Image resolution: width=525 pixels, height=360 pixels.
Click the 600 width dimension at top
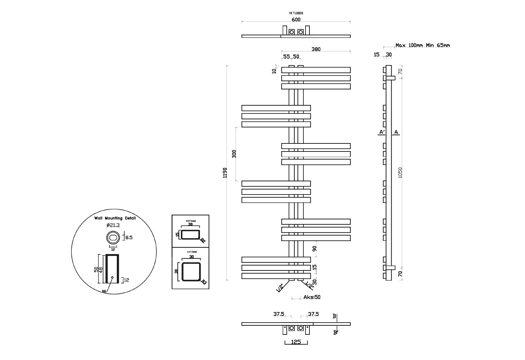(x=296, y=20)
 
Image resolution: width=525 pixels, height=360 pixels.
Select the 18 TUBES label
(x=296, y=13)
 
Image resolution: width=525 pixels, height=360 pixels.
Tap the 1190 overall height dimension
(x=225, y=173)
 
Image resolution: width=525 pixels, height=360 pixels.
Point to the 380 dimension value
(x=316, y=49)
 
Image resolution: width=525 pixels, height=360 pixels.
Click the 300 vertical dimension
(x=234, y=154)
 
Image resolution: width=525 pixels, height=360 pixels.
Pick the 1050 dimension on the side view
(x=400, y=172)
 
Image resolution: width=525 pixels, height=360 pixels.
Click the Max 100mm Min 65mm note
(x=422, y=45)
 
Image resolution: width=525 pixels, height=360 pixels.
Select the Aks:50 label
(x=312, y=297)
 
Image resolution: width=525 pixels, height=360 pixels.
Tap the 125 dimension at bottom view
(x=296, y=342)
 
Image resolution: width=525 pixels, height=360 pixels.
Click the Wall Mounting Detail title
(x=115, y=218)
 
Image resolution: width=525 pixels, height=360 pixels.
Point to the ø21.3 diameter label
(x=113, y=225)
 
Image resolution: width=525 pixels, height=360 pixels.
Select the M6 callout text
(x=104, y=291)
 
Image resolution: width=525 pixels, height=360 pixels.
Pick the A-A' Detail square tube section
(x=191, y=271)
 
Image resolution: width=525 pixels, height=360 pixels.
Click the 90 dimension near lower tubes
(x=314, y=249)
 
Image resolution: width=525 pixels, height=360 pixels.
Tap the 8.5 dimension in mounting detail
(x=129, y=238)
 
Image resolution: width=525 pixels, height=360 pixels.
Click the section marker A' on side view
(x=382, y=132)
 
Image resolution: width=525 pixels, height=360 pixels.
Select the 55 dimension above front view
(x=286, y=56)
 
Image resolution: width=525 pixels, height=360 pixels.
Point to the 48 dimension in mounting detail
(x=101, y=269)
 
